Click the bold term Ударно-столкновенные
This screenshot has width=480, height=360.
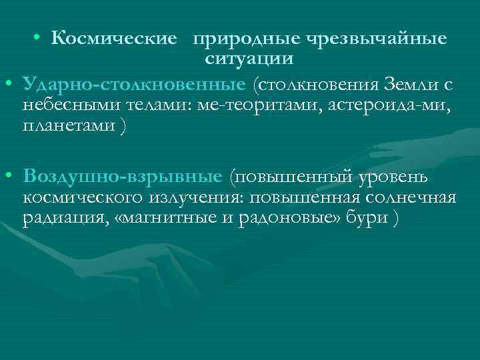(x=133, y=85)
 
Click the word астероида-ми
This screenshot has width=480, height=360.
(x=384, y=105)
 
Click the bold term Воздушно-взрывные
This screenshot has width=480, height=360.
(x=121, y=176)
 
